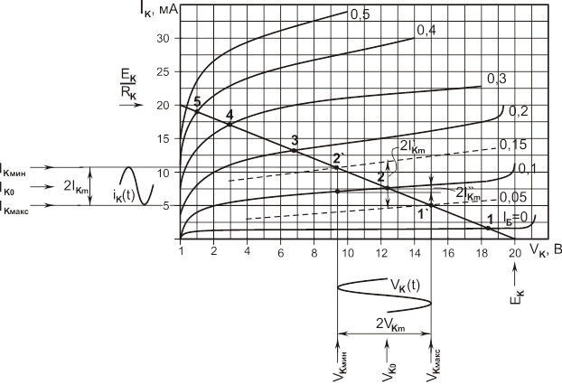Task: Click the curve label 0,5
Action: (x=361, y=14)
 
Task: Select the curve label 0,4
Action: (x=426, y=31)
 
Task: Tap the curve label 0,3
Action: (x=496, y=80)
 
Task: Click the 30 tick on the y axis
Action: (x=164, y=39)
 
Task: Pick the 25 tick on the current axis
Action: (x=164, y=72)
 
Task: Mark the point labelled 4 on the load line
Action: (x=229, y=115)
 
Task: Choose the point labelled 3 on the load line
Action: (x=294, y=139)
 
